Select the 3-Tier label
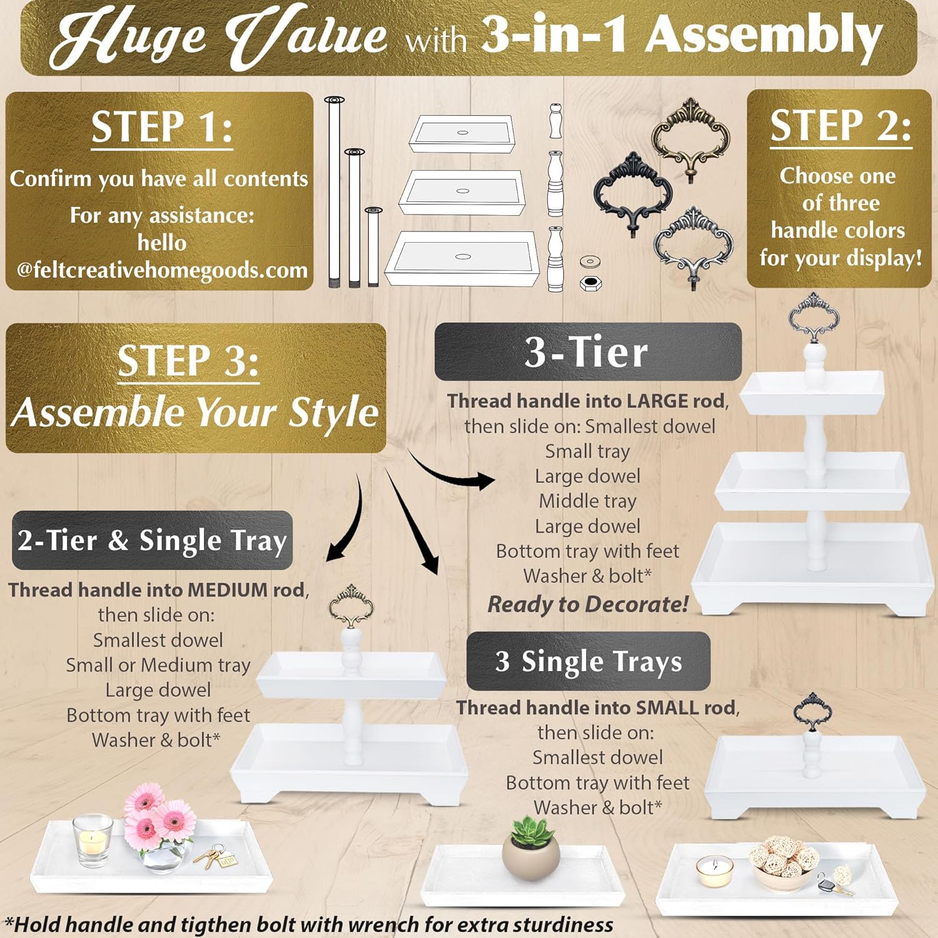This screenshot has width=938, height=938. click(587, 352)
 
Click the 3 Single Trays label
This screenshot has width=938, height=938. click(588, 662)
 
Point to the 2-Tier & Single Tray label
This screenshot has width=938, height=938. click(152, 540)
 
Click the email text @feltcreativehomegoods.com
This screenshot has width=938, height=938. click(162, 270)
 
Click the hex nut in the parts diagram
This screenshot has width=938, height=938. click(589, 283)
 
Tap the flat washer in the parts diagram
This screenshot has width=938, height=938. click(589, 261)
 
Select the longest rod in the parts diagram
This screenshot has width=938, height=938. click(335, 191)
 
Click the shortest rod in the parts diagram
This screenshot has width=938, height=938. click(373, 247)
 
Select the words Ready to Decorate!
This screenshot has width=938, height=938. click(587, 605)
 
